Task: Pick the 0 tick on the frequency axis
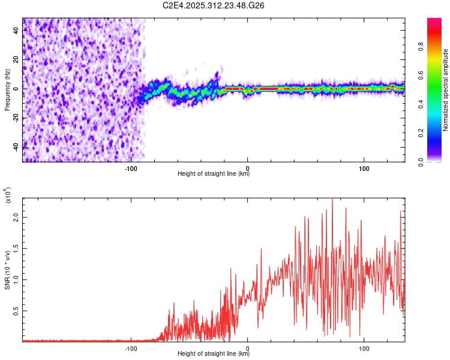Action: point(17,88)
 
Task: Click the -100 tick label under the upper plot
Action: point(131,167)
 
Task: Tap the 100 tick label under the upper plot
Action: point(364,167)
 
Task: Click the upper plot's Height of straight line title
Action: point(214,174)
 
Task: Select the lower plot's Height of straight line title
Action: point(214,353)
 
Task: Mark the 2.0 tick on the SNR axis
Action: point(17,218)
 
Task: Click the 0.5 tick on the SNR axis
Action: point(17,310)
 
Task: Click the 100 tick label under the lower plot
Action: point(364,347)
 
